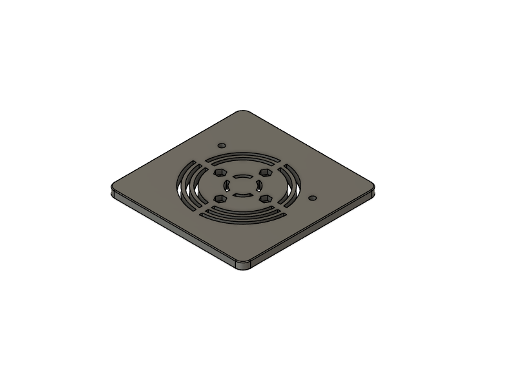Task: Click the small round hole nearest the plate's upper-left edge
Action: pos(222,146)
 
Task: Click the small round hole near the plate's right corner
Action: pos(313,199)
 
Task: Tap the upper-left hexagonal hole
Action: pos(220,173)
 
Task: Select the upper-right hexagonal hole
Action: pos(264,173)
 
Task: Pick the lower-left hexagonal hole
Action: pos(220,198)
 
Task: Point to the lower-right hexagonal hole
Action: pos(265,198)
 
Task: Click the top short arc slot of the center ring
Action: pos(242,177)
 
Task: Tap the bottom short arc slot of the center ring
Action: pos(243,194)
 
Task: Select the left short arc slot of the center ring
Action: pos(227,186)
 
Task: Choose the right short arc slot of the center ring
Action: pos(258,185)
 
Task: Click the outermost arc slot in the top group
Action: pos(242,155)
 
